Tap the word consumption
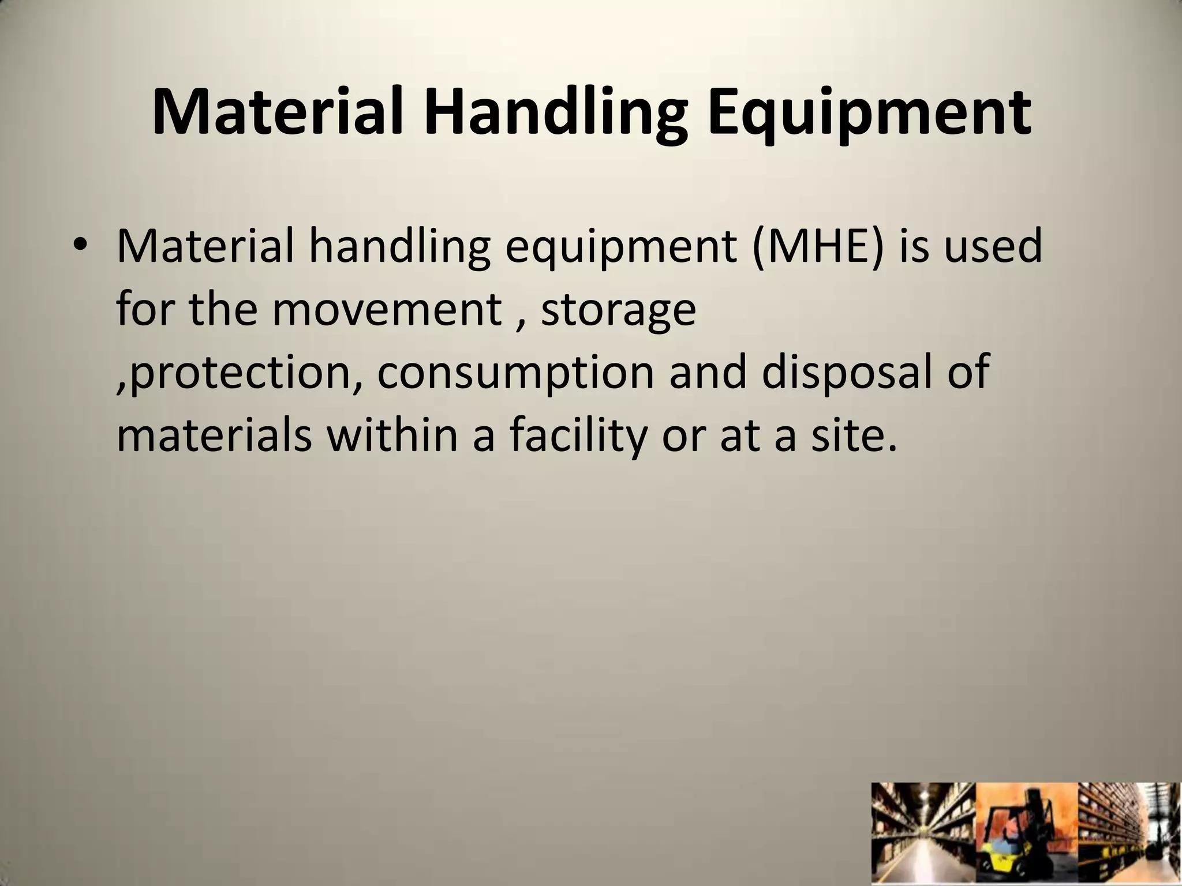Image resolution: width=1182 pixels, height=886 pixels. [515, 373]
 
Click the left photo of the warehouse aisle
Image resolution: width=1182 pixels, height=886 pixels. [923, 834]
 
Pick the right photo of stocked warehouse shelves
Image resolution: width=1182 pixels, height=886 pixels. [1129, 834]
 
